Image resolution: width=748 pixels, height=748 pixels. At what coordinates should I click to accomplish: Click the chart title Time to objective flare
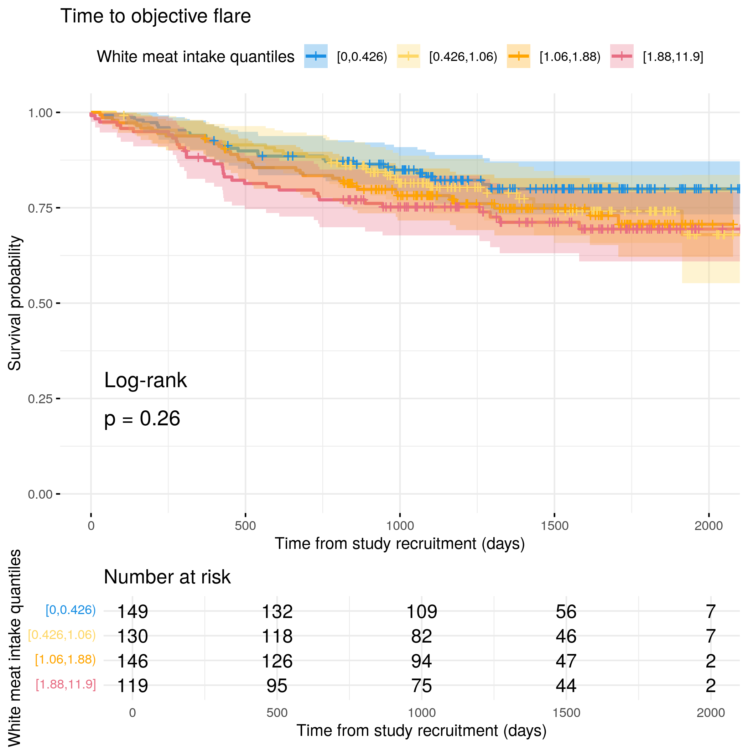(x=155, y=16)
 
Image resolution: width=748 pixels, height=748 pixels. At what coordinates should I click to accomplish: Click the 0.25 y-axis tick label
(x=40, y=399)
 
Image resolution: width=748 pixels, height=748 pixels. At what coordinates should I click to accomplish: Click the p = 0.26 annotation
(x=142, y=419)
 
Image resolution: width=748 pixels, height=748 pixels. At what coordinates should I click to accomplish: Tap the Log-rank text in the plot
(x=145, y=380)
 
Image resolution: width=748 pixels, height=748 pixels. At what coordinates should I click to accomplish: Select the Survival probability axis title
(x=15, y=303)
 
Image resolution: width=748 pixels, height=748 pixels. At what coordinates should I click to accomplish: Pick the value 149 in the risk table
(x=133, y=612)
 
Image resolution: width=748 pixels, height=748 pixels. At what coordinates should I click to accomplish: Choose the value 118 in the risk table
(x=277, y=637)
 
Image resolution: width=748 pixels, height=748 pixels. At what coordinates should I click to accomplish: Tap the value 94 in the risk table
(x=421, y=661)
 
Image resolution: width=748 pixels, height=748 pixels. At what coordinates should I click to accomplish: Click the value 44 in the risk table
(x=566, y=686)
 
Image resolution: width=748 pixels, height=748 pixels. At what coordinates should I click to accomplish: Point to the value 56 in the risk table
(x=566, y=612)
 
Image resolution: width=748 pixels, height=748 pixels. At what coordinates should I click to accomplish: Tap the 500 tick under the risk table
(x=277, y=713)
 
